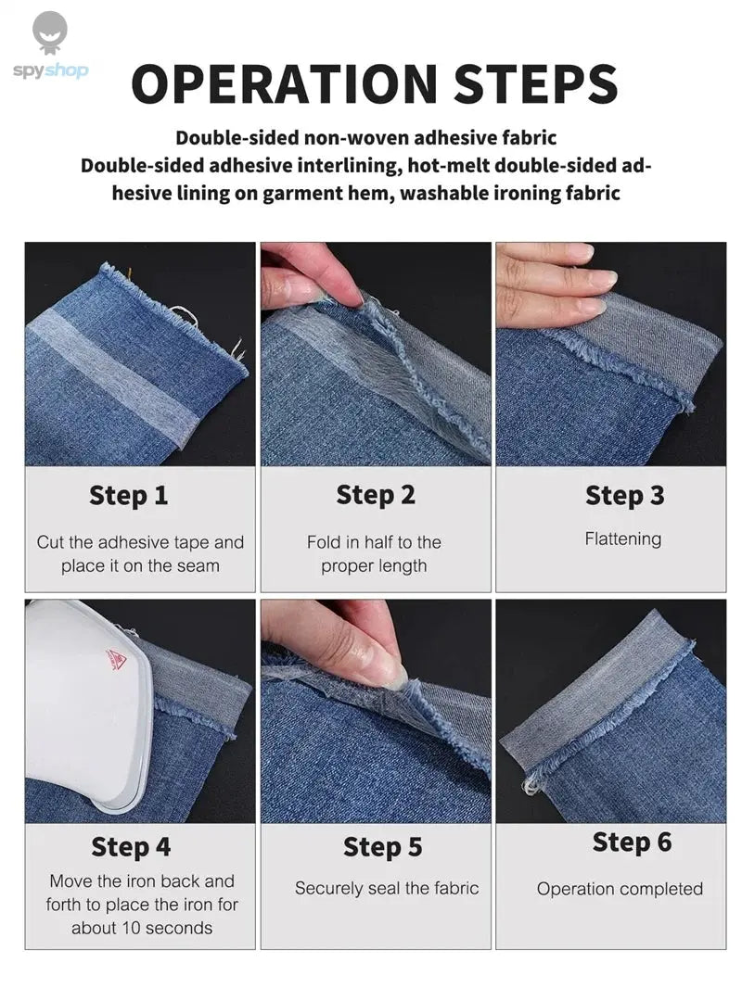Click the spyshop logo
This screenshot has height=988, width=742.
pyautogui.click(x=50, y=46)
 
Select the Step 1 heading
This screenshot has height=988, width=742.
pyautogui.click(x=129, y=496)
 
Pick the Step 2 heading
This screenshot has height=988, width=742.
pyautogui.click(x=376, y=496)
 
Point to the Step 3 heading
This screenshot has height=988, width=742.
pyautogui.click(x=624, y=496)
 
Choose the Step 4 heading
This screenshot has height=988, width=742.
pyautogui.click(x=131, y=847)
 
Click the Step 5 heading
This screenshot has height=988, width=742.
pyautogui.click(x=383, y=847)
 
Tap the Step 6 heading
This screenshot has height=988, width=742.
pyautogui.click(x=633, y=842)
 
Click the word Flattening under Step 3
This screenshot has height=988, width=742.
pyautogui.click(x=623, y=538)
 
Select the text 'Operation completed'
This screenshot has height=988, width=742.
pyautogui.click(x=620, y=889)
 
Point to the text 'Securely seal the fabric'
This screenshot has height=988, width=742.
pyautogui.click(x=387, y=888)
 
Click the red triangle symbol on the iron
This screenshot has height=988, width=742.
pyautogui.click(x=116, y=660)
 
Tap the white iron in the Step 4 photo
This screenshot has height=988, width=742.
pyautogui.click(x=79, y=704)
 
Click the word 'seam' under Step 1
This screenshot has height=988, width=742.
pyautogui.click(x=198, y=565)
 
